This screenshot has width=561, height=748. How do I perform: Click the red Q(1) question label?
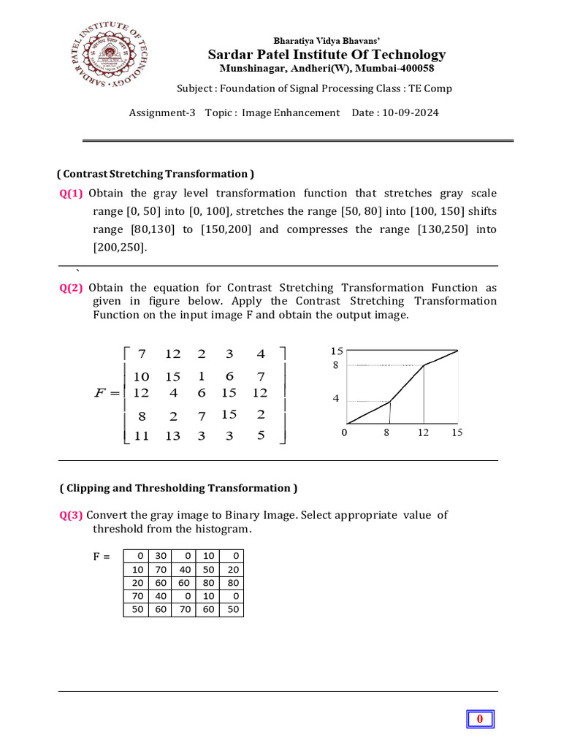[x=72, y=194]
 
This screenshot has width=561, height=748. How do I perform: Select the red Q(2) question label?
[x=72, y=289]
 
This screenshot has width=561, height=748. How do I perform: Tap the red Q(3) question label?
[x=72, y=515]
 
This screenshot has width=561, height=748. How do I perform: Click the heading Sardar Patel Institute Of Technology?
[x=327, y=55]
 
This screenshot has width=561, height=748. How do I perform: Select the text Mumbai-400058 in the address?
[x=399, y=68]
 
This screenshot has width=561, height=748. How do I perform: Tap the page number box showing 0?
[x=480, y=720]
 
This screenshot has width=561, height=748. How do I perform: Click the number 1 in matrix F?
[x=202, y=376]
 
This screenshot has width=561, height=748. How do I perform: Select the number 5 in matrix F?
[x=261, y=436]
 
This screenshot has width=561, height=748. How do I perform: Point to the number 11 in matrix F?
[x=142, y=436]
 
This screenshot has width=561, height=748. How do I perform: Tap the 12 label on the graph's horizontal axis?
[x=423, y=433]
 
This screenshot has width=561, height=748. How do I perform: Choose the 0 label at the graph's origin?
[x=344, y=433]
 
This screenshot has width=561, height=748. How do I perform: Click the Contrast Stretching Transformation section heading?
[x=156, y=174]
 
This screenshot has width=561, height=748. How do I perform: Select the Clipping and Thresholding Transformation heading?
[x=178, y=488]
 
